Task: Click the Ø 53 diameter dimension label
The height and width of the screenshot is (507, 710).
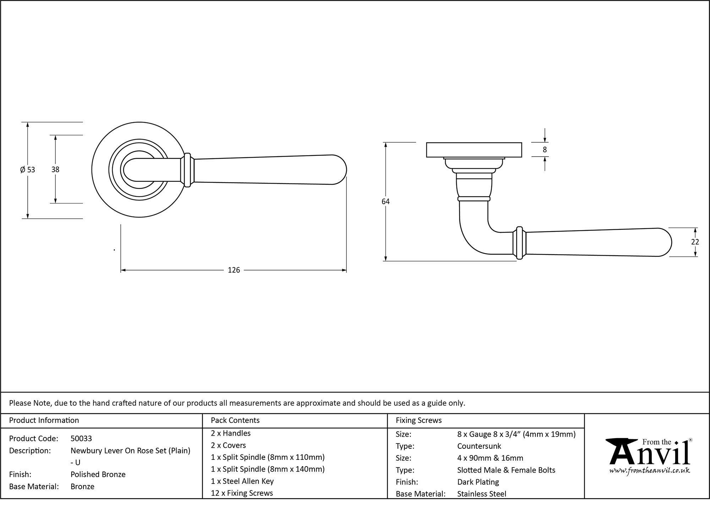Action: pyautogui.click(x=28, y=170)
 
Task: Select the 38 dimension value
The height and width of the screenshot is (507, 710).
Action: pyautogui.click(x=55, y=170)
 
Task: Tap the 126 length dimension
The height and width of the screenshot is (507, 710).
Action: pyautogui.click(x=234, y=270)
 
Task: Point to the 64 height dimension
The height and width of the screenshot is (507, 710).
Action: pyautogui.click(x=386, y=202)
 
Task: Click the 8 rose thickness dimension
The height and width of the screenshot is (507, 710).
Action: pyautogui.click(x=545, y=150)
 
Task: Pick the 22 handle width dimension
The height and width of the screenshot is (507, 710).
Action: pyautogui.click(x=695, y=242)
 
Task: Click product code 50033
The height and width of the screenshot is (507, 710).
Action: pyautogui.click(x=81, y=438)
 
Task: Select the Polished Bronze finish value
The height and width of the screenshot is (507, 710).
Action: pyautogui.click(x=98, y=474)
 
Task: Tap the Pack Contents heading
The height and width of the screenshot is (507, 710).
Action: pyautogui.click(x=235, y=420)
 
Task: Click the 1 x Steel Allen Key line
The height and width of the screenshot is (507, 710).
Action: pyautogui.click(x=242, y=481)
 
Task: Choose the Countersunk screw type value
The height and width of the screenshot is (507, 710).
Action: pyautogui.click(x=479, y=446)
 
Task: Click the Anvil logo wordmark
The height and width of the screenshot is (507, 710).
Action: pyautogui.click(x=650, y=454)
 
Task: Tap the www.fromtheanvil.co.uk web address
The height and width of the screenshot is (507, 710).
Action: pyautogui.click(x=650, y=471)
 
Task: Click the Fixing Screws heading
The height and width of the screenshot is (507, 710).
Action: pyautogui.click(x=419, y=420)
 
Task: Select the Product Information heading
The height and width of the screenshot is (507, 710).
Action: pyautogui.click(x=44, y=420)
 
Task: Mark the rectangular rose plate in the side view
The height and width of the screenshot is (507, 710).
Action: pyautogui.click(x=474, y=150)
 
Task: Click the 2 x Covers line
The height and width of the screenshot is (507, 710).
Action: pyautogui.click(x=228, y=445)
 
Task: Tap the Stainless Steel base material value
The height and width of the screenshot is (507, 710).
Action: pyautogui.click(x=482, y=494)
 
